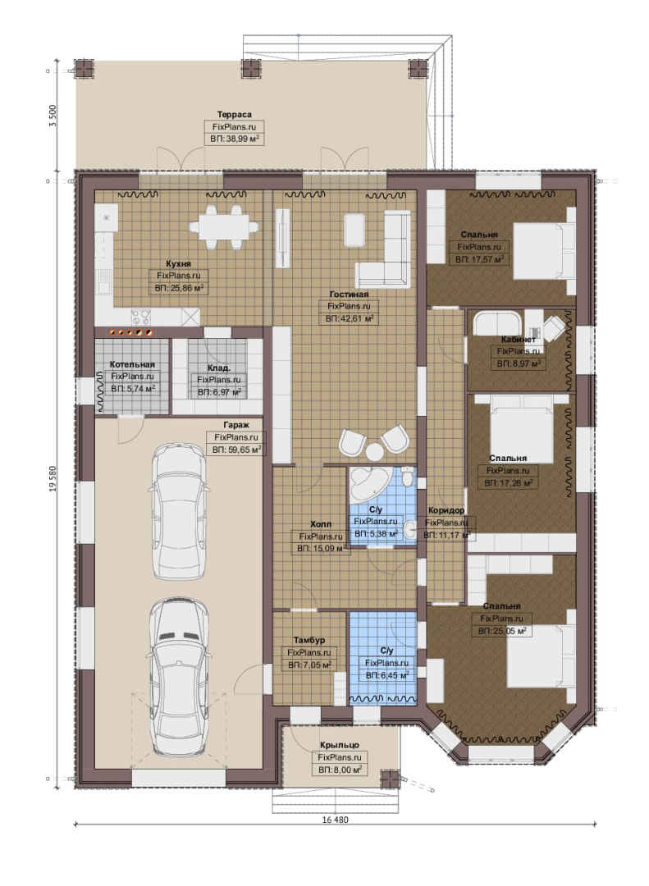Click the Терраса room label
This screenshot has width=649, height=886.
pos(234,115)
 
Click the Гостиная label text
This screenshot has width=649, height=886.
pos(349,294)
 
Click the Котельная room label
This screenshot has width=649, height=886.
pos(132,364)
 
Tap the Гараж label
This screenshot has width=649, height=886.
pos(235,424)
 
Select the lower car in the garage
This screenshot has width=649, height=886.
pos(179,678)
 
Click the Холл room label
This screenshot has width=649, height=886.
pos(321,524)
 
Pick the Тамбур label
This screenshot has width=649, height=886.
pos(309,640)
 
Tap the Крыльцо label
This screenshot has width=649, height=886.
pos(339,745)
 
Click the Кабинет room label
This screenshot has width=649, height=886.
pos(518,340)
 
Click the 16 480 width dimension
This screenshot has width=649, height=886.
pos(335,820)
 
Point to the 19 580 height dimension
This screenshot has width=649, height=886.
pos(53,478)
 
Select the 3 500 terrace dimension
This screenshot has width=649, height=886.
pos(53,116)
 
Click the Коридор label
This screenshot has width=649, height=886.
pos(446,511)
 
